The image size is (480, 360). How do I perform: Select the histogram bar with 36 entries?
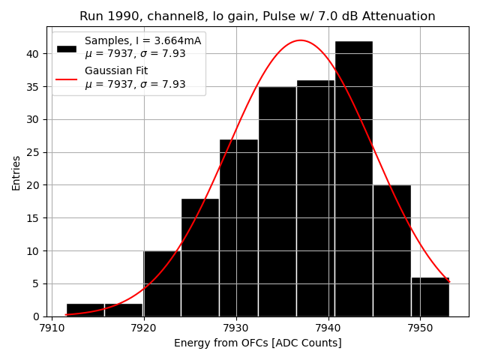tap(315, 198)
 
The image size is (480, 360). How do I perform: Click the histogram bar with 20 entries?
tap(391, 250)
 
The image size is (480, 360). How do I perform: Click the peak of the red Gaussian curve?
tap(300, 40)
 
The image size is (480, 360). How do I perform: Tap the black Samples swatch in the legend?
tap(67, 48)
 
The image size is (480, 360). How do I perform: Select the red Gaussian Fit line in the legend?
tap(67, 77)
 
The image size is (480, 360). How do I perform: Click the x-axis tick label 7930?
tap(235, 328)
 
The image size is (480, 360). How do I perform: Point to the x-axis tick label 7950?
tap(420, 328)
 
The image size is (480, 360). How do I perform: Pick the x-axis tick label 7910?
tap(51, 328)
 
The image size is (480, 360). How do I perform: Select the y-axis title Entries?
tap(16, 172)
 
